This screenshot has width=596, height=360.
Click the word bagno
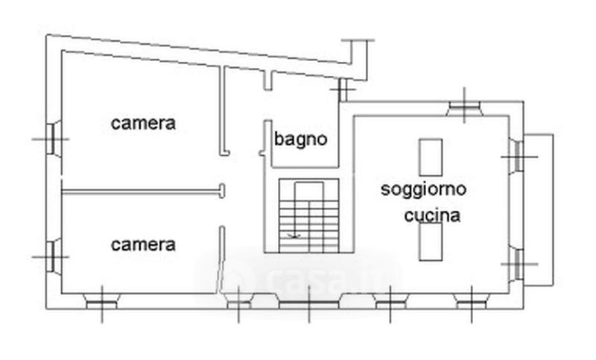coord(301,140)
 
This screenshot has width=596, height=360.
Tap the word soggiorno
coord(423,189)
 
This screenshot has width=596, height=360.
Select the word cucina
coord(432,215)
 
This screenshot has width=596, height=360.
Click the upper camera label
coord(143,123)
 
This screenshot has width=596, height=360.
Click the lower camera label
coord(143,244)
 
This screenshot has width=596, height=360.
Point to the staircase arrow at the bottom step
coord(294,236)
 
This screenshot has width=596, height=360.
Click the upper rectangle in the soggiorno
coord(431,157)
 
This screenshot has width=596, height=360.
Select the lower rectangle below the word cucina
coord(431,241)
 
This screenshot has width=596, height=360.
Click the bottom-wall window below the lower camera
coord(101,301)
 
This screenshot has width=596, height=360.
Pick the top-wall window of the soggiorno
coord(464,108)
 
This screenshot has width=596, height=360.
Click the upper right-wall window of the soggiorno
coord(516,157)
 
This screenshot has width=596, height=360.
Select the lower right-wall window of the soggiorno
coord(516,264)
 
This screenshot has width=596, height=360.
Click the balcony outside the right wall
coord(538,210)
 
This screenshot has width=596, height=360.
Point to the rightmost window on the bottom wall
coord(472,301)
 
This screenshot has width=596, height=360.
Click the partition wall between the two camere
coord(143,192)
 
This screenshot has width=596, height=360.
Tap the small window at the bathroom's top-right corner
coord(343,89)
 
